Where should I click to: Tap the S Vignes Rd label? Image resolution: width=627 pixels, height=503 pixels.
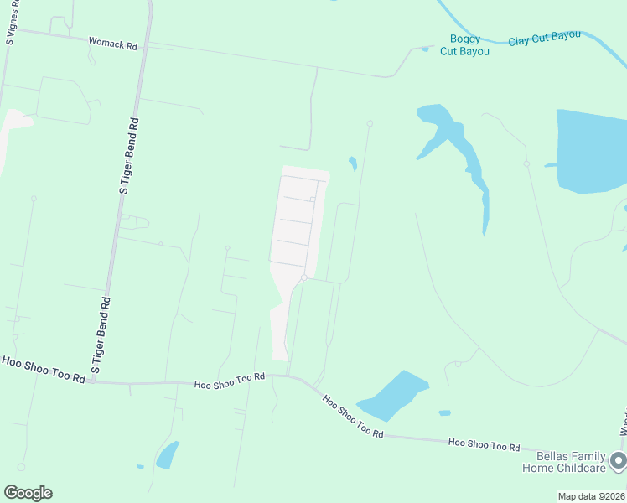pos(11,22)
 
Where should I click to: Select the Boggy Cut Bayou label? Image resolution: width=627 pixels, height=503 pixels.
pos(464,44)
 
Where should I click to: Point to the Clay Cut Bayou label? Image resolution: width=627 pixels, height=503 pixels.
pos(544,38)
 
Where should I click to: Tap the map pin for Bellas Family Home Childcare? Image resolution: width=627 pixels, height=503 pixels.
pos(619,460)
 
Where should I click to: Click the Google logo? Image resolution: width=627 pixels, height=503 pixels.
pos(28,493)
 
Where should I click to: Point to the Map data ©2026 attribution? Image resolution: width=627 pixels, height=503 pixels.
pos(592,496)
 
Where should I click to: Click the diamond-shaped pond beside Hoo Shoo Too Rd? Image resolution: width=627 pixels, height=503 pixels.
pos(392,396)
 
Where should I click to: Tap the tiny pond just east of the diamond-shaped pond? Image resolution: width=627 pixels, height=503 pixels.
pos(444,412)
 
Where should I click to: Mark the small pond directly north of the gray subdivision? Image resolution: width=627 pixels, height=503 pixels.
pos(353,163)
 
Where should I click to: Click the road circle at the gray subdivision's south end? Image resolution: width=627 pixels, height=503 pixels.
pos(304,277)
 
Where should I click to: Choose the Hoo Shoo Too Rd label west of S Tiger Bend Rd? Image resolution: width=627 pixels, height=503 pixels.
pos(44,369)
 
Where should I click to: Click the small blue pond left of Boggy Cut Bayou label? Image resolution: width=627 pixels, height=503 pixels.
pos(425,49)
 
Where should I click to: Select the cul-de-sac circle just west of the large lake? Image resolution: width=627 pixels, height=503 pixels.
pos(526,163)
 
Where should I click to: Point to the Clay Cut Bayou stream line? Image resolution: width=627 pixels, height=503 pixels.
pos(469,29)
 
